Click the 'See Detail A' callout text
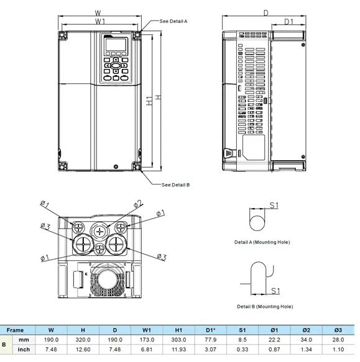pyautogui.click(x=173, y=21)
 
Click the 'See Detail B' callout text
pyautogui.click(x=175, y=185)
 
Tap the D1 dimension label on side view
pyautogui.click(x=288, y=21)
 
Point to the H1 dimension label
pyautogui.click(x=149, y=101)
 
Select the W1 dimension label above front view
pyautogui.click(x=100, y=21)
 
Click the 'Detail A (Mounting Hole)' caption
pyautogui.click(x=262, y=242)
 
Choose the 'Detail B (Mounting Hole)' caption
pyautogui.click(x=264, y=306)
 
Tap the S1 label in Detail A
pyautogui.click(x=274, y=205)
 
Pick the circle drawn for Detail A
pyautogui.click(x=256, y=222)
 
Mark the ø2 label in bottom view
pyautogui.click(x=138, y=203)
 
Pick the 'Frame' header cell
pyautogui.click(x=15, y=330)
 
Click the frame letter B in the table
pyautogui.click(x=5, y=345)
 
